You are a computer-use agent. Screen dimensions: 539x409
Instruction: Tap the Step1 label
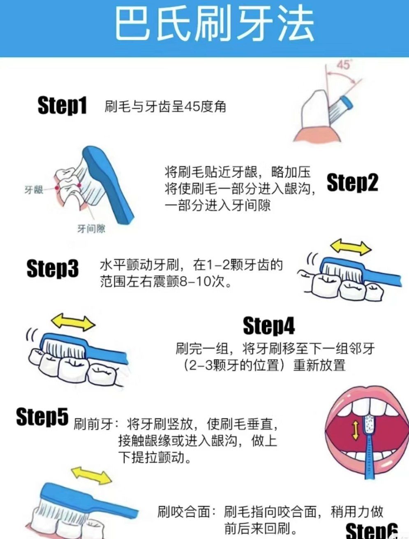[62, 106]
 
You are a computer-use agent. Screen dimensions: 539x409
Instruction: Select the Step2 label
[352, 182]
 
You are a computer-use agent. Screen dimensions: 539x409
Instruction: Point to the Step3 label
[52, 268]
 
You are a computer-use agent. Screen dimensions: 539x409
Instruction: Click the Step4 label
[269, 326]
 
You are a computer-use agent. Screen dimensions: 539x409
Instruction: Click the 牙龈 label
[34, 190]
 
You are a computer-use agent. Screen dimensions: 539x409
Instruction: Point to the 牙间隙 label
[91, 228]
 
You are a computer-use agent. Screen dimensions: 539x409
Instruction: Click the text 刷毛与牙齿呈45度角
[166, 107]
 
